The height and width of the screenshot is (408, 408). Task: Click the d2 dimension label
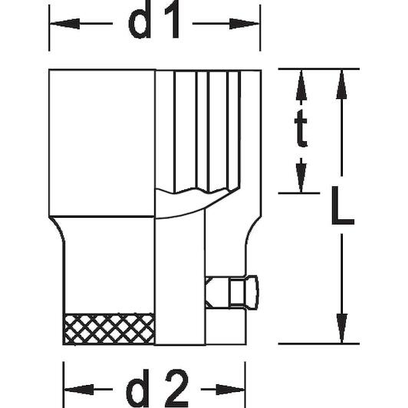pyautogui.click(x=157, y=389)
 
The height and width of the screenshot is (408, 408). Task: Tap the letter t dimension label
pyautogui.click(x=301, y=128)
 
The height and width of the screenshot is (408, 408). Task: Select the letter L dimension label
pyautogui.click(x=342, y=206)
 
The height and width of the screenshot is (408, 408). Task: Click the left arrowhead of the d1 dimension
pyautogui.click(x=64, y=24)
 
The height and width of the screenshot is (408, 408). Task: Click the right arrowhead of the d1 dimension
pyautogui.click(x=244, y=24)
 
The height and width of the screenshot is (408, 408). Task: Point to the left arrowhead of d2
pyautogui.click(x=79, y=390)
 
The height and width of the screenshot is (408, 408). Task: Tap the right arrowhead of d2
pyautogui.click(x=230, y=390)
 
